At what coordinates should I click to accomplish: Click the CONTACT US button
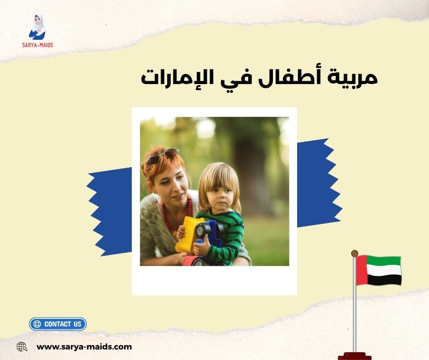coord(58,324)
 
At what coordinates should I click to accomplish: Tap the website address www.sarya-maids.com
coord(84,347)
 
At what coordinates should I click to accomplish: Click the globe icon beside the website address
coord(22,347)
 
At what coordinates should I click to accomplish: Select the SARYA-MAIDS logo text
coord(37,45)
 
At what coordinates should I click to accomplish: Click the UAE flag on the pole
coord(379,270)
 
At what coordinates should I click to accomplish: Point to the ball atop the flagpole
coord(355,253)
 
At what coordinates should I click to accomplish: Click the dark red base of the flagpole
coord(355,355)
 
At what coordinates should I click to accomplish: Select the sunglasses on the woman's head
coord(162,156)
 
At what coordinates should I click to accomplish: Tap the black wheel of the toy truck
coord(202,229)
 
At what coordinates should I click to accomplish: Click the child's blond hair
coord(219,176)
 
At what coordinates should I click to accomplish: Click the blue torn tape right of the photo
coord(317,183)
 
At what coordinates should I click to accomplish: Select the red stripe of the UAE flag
coord(361,270)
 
